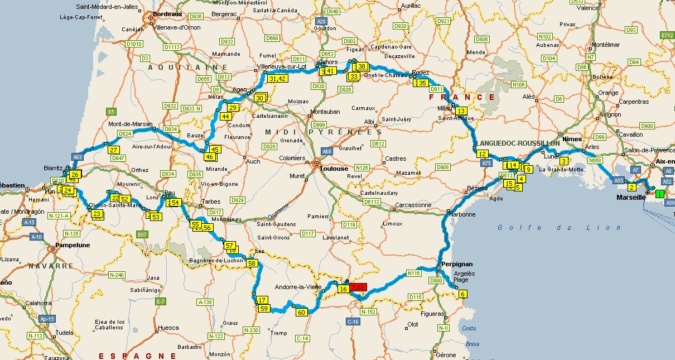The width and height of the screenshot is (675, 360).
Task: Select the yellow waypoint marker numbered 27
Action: (114, 150)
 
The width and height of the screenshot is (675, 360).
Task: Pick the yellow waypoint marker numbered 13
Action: (461, 111)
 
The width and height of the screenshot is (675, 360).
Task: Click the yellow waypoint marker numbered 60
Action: (302, 312)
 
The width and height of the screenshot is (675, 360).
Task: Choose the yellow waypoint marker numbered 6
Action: (462, 294)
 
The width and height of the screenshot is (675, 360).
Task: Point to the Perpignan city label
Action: (456, 263)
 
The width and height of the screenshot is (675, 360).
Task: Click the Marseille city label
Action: (630, 197)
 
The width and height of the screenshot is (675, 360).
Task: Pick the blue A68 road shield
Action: (327, 151)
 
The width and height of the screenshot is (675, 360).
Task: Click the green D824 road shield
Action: (125, 134)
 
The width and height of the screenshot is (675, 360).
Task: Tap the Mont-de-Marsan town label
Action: (130, 124)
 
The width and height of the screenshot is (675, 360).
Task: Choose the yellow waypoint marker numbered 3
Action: (563, 161)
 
